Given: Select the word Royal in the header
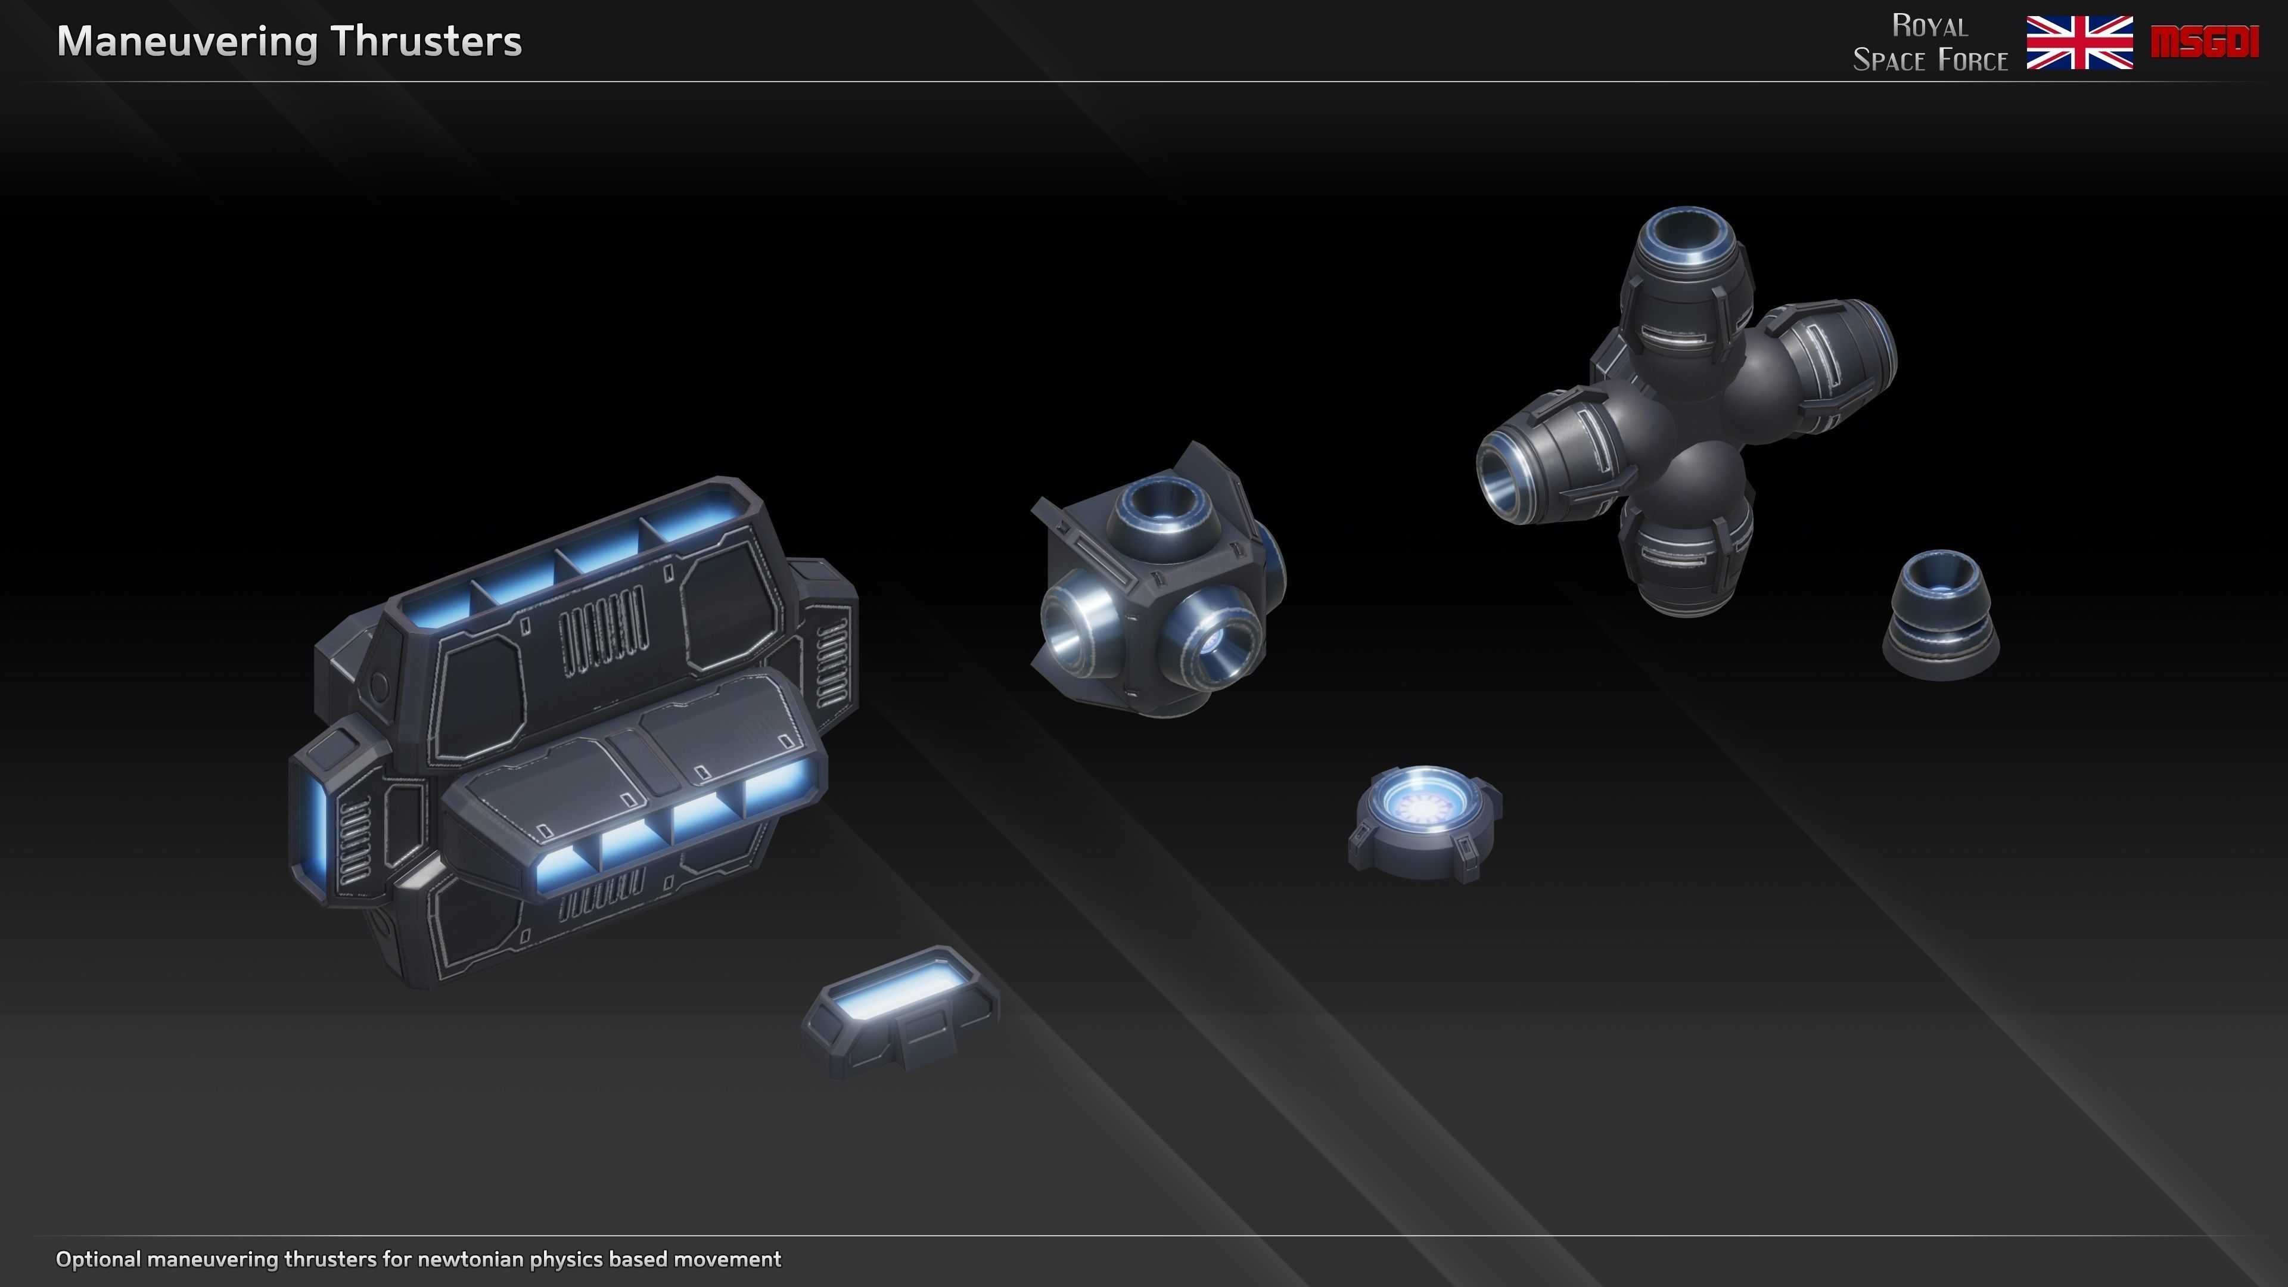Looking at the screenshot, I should click(1929, 26).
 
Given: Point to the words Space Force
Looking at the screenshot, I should click(1929, 60).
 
